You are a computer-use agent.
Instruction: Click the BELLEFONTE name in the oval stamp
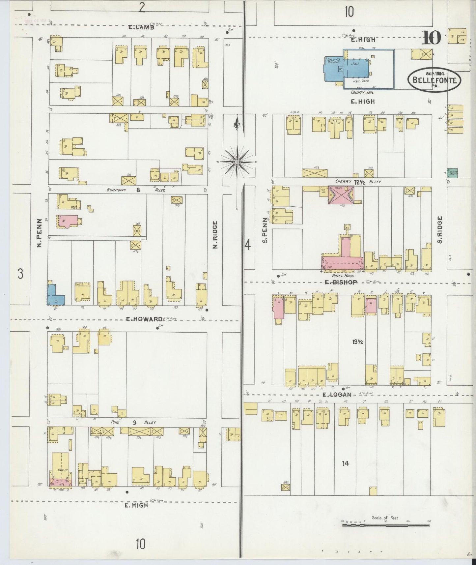click(434, 80)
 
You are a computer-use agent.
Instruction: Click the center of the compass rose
click(237, 162)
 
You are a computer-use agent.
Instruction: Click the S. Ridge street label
click(440, 229)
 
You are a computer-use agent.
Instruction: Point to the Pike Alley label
click(132, 422)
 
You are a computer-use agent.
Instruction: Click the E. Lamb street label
click(141, 27)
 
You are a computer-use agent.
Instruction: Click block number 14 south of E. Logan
click(345, 463)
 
